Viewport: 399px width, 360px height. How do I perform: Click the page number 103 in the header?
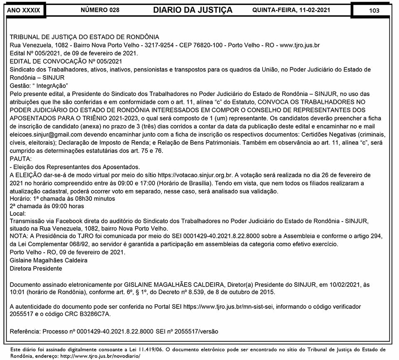tap(374, 10)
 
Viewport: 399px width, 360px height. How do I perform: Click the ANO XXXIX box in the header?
tap(24, 10)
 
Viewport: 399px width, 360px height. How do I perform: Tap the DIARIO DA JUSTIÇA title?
tap(192, 10)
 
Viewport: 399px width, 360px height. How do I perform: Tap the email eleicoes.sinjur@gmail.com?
tap(46, 135)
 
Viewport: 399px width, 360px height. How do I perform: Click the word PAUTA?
tap(20, 159)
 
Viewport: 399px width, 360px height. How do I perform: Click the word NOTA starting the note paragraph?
tap(18, 236)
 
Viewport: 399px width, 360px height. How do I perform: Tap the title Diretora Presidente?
tap(36, 268)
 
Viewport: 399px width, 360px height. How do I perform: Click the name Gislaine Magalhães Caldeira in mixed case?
tap(49, 260)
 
